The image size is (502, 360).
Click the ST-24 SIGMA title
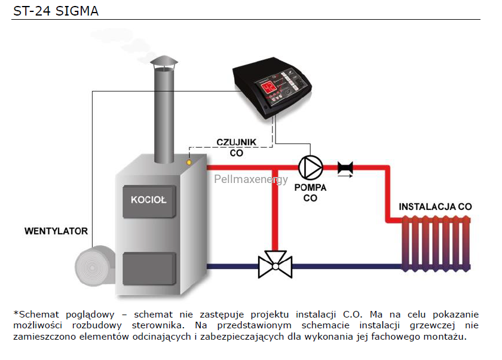(56, 11)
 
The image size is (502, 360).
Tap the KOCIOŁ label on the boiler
(149, 200)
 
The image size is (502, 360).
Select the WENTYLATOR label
(56, 231)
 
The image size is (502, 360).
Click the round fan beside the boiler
(92, 266)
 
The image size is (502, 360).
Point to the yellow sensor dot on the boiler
(189, 163)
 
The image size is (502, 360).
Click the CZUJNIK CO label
(236, 147)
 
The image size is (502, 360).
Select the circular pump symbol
(311, 167)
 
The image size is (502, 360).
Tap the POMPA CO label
(310, 193)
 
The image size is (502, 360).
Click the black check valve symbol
(345, 167)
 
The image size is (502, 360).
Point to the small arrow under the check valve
(345, 176)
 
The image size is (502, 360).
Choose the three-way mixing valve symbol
(276, 264)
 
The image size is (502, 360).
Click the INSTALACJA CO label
(435, 206)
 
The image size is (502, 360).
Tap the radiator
(436, 243)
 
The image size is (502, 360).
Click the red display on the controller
(268, 87)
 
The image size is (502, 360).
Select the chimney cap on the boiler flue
(164, 62)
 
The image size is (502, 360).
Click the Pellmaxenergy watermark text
(250, 179)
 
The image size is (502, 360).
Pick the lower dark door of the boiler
(149, 269)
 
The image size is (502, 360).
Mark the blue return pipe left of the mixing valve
(232, 266)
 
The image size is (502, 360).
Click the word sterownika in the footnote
(158, 325)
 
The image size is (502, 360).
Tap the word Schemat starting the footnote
(39, 315)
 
